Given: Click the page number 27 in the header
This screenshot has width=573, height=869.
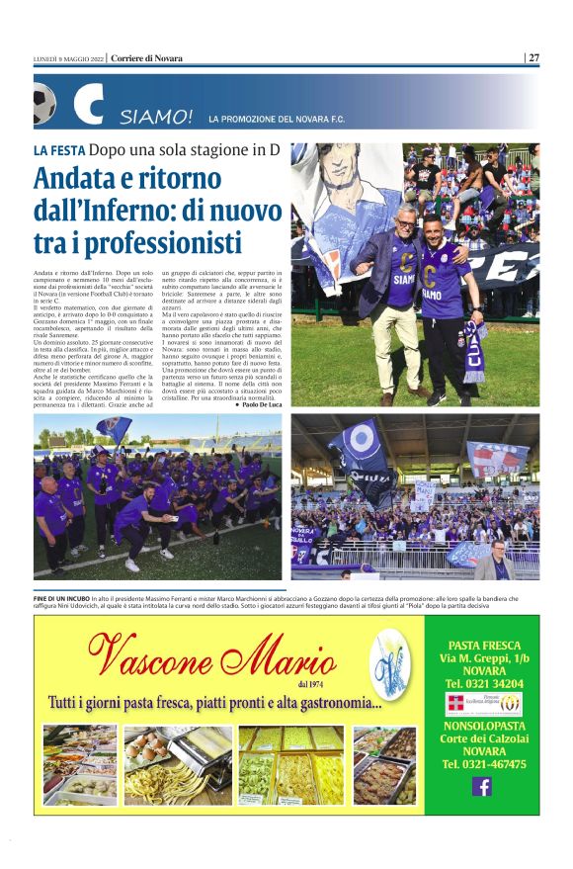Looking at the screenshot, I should click(x=533, y=57).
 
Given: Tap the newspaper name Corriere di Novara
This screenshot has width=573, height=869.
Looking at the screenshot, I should click(x=147, y=57).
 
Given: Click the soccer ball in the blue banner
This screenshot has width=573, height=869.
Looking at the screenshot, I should click(x=44, y=101).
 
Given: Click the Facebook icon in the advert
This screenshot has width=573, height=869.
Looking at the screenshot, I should click(x=482, y=786).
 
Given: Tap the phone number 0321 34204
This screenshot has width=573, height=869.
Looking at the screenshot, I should click(x=483, y=683).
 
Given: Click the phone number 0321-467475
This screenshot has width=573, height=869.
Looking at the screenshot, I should click(x=483, y=764).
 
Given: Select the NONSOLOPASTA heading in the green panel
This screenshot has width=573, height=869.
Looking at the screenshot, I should click(x=483, y=725).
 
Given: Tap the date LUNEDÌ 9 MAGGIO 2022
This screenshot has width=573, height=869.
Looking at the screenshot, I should click(x=68, y=57).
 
